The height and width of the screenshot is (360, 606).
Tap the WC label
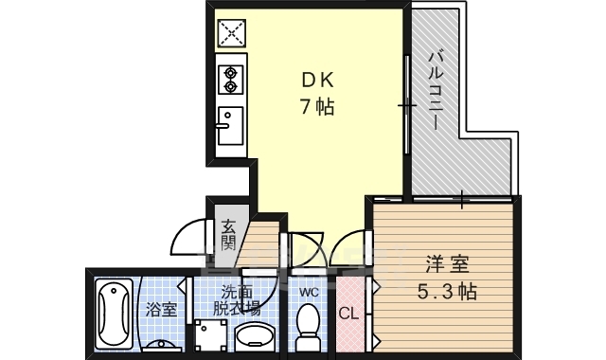pos(307,293)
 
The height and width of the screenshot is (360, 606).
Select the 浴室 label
pos(160,309)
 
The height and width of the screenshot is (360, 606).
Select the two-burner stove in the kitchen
pos(230,80)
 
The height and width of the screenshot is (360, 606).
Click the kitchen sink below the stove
pos(230,125)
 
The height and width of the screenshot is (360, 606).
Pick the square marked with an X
pos(231,34)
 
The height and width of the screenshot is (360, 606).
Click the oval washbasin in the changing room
pos(253,336)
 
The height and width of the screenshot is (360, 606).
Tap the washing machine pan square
pos(209,337)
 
